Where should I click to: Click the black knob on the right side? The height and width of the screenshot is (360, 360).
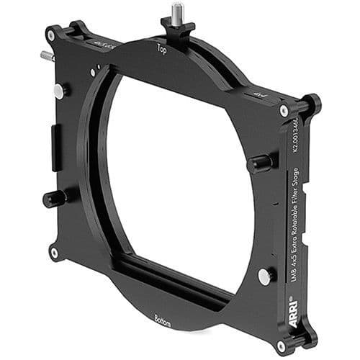point(261,162)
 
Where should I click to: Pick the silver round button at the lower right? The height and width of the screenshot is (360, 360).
point(265,276)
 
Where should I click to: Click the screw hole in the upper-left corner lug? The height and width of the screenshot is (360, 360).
point(51,34)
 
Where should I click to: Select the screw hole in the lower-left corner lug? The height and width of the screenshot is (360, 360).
point(55,252)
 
